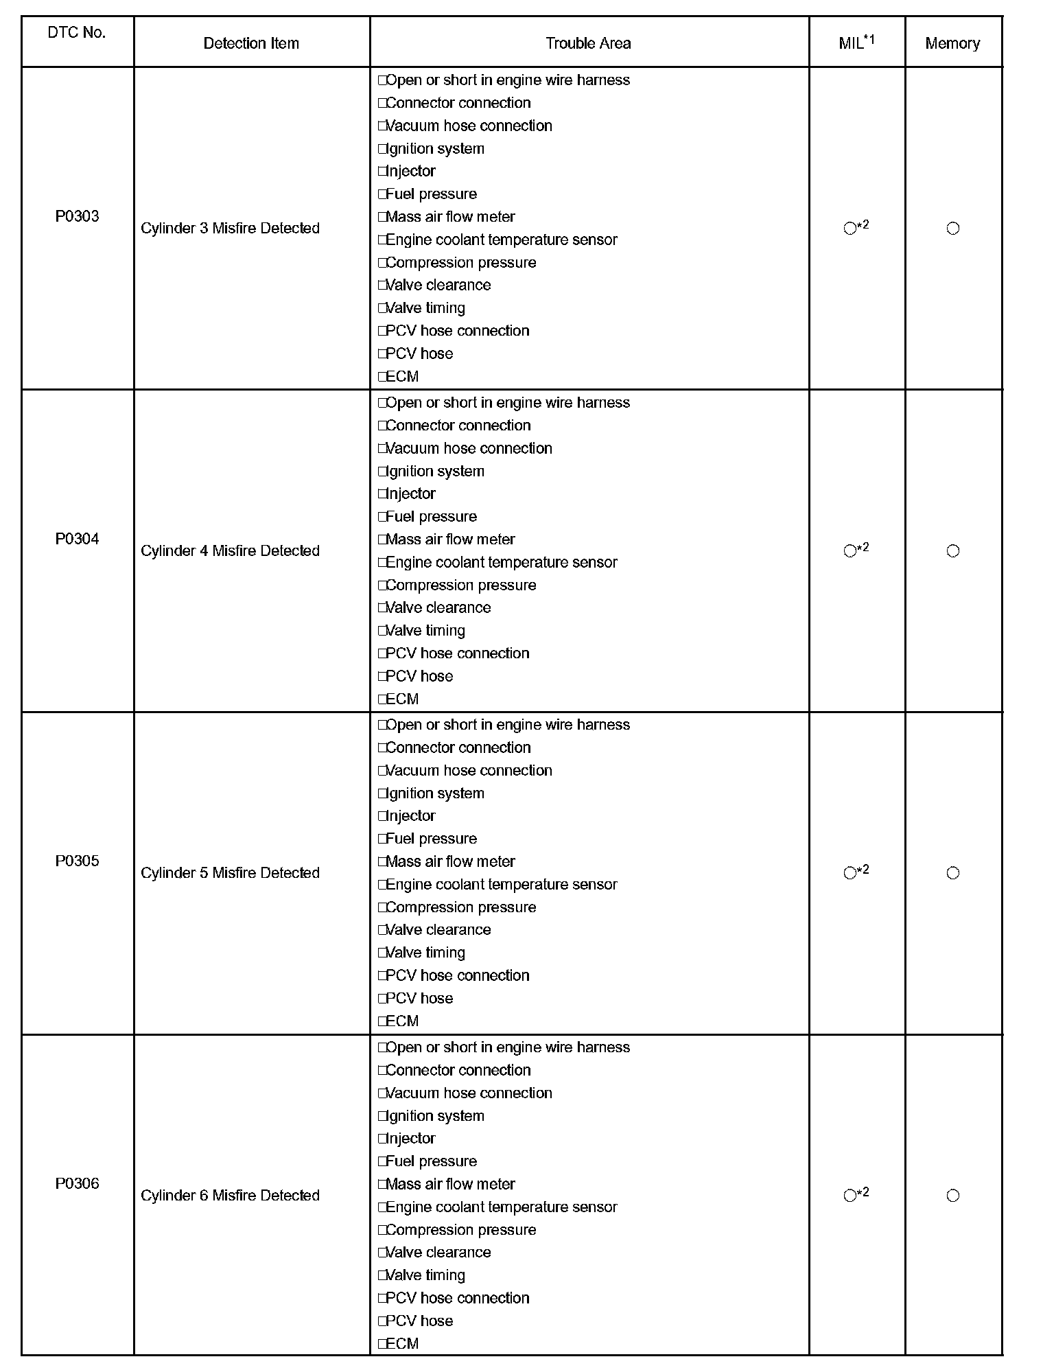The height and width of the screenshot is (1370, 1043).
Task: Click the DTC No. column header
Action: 77,33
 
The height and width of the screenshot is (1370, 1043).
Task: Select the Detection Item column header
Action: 251,43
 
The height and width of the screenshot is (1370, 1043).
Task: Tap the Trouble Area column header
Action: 588,43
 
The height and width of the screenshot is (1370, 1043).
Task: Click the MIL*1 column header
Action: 856,43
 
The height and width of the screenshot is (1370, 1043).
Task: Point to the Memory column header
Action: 952,43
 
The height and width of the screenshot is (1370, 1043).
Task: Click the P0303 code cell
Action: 77,216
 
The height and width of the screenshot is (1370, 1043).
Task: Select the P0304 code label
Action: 77,539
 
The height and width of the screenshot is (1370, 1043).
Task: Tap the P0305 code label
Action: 77,861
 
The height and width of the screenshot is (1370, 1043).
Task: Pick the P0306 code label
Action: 77,1183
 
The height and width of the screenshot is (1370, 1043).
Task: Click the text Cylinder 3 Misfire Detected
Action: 230,228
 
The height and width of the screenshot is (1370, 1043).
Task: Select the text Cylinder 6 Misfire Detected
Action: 230,1195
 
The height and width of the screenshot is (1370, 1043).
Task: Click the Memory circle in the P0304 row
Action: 952,551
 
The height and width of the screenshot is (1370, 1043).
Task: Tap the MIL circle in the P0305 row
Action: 850,873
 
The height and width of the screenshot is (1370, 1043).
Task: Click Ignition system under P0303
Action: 435,148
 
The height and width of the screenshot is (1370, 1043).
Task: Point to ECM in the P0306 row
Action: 402,1343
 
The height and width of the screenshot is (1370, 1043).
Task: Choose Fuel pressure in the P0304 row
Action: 431,516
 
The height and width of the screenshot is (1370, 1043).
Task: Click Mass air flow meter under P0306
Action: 450,1184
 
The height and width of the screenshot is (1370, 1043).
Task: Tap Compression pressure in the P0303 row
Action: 460,262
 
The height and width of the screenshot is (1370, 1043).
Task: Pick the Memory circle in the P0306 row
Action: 952,1196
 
